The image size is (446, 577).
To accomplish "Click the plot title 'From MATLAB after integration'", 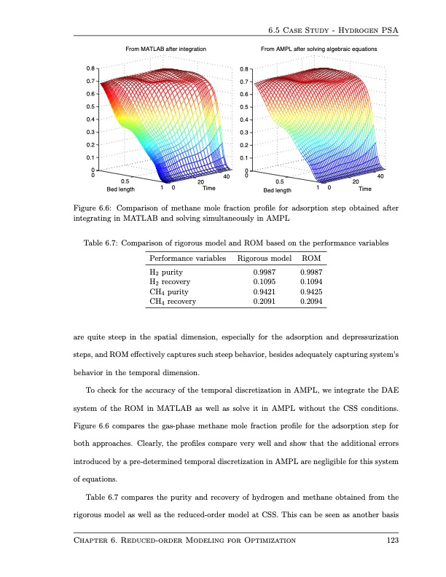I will (166, 48).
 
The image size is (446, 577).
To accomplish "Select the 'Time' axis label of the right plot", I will (365, 189).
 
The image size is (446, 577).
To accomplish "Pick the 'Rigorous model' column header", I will (265, 259).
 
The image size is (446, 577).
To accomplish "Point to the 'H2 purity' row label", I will (166, 271).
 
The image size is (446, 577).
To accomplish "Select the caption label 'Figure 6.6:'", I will (97, 208).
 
